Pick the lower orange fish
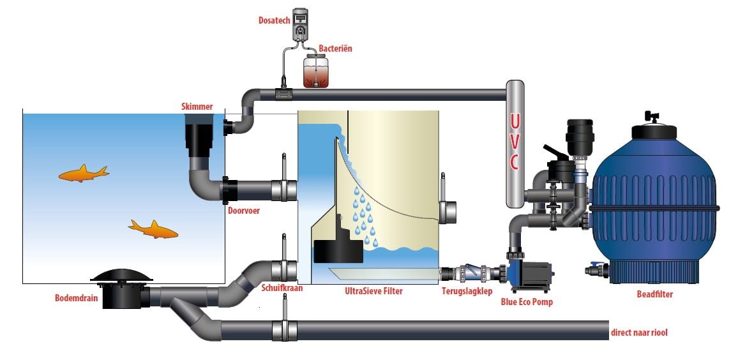click(x=153, y=229)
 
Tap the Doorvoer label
click(x=244, y=211)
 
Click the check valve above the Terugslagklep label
click(x=473, y=274)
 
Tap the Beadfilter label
click(x=655, y=294)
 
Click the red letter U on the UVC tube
click(x=514, y=121)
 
